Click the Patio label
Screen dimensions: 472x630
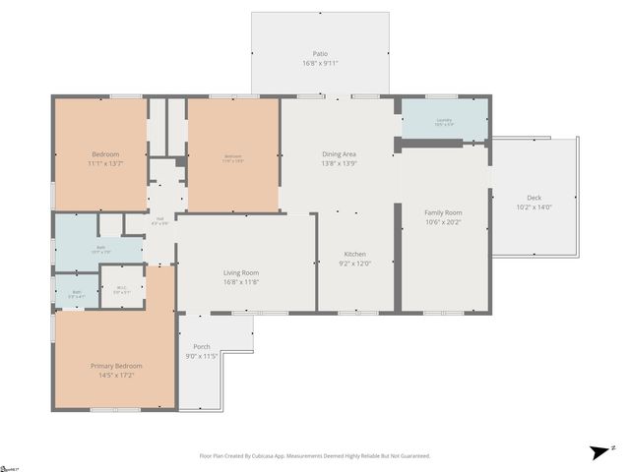click(x=320, y=53)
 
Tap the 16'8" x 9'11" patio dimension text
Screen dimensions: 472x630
click(x=320, y=63)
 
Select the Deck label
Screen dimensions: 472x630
click(x=534, y=198)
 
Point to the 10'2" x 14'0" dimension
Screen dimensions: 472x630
click(x=534, y=207)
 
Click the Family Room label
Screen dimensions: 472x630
click(x=443, y=212)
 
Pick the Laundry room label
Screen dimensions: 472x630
click(x=444, y=120)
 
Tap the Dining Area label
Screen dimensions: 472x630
click(x=339, y=153)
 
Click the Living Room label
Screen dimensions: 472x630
click(x=240, y=272)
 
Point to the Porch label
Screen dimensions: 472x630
click(x=201, y=346)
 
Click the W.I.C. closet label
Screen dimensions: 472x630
click(x=121, y=288)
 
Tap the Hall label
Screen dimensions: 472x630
click(x=159, y=219)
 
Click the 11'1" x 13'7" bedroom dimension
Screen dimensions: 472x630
click(x=105, y=164)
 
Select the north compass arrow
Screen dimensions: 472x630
click(x=599, y=451)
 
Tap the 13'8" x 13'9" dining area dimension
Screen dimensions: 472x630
click(x=339, y=163)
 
